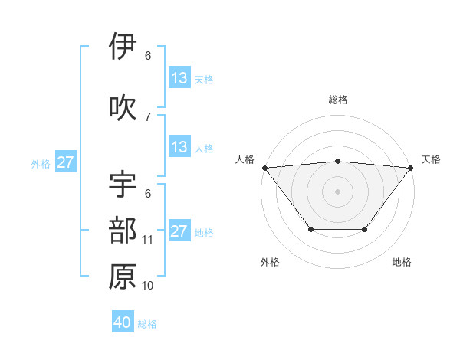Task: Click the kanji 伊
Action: pos(123,47)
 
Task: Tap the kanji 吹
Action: pos(123,108)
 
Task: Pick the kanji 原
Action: pos(123,277)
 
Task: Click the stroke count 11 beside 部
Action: pos(148,240)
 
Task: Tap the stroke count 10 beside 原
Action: pos(148,286)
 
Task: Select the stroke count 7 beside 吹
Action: pos(148,116)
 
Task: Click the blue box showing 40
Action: pos(123,322)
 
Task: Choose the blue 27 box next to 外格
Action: pos(65,162)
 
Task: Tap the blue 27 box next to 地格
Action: pos(179,231)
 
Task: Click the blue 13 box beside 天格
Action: pos(179,78)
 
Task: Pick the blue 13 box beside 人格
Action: pos(179,147)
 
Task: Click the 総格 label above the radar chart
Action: pos(338,100)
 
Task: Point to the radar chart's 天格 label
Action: pos(432,159)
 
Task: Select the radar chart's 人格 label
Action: pos(245,159)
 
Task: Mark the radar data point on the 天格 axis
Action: pos(411,167)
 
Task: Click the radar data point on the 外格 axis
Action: pos(310,229)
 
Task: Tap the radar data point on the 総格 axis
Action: pos(338,161)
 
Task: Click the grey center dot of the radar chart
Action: pos(338,191)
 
